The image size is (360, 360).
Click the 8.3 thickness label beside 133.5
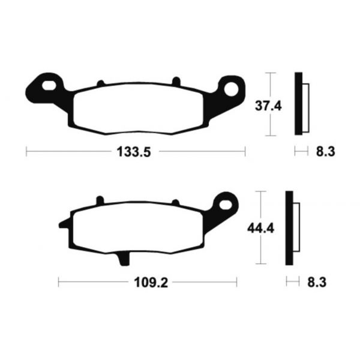(324, 152)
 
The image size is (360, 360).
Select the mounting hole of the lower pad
(227, 202)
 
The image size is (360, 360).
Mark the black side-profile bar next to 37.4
(297, 103)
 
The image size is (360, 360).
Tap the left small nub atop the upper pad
(100, 83)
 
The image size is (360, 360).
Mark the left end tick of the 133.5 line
(26, 152)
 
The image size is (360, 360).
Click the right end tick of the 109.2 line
(236, 280)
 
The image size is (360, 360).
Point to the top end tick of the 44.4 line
(260, 192)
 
